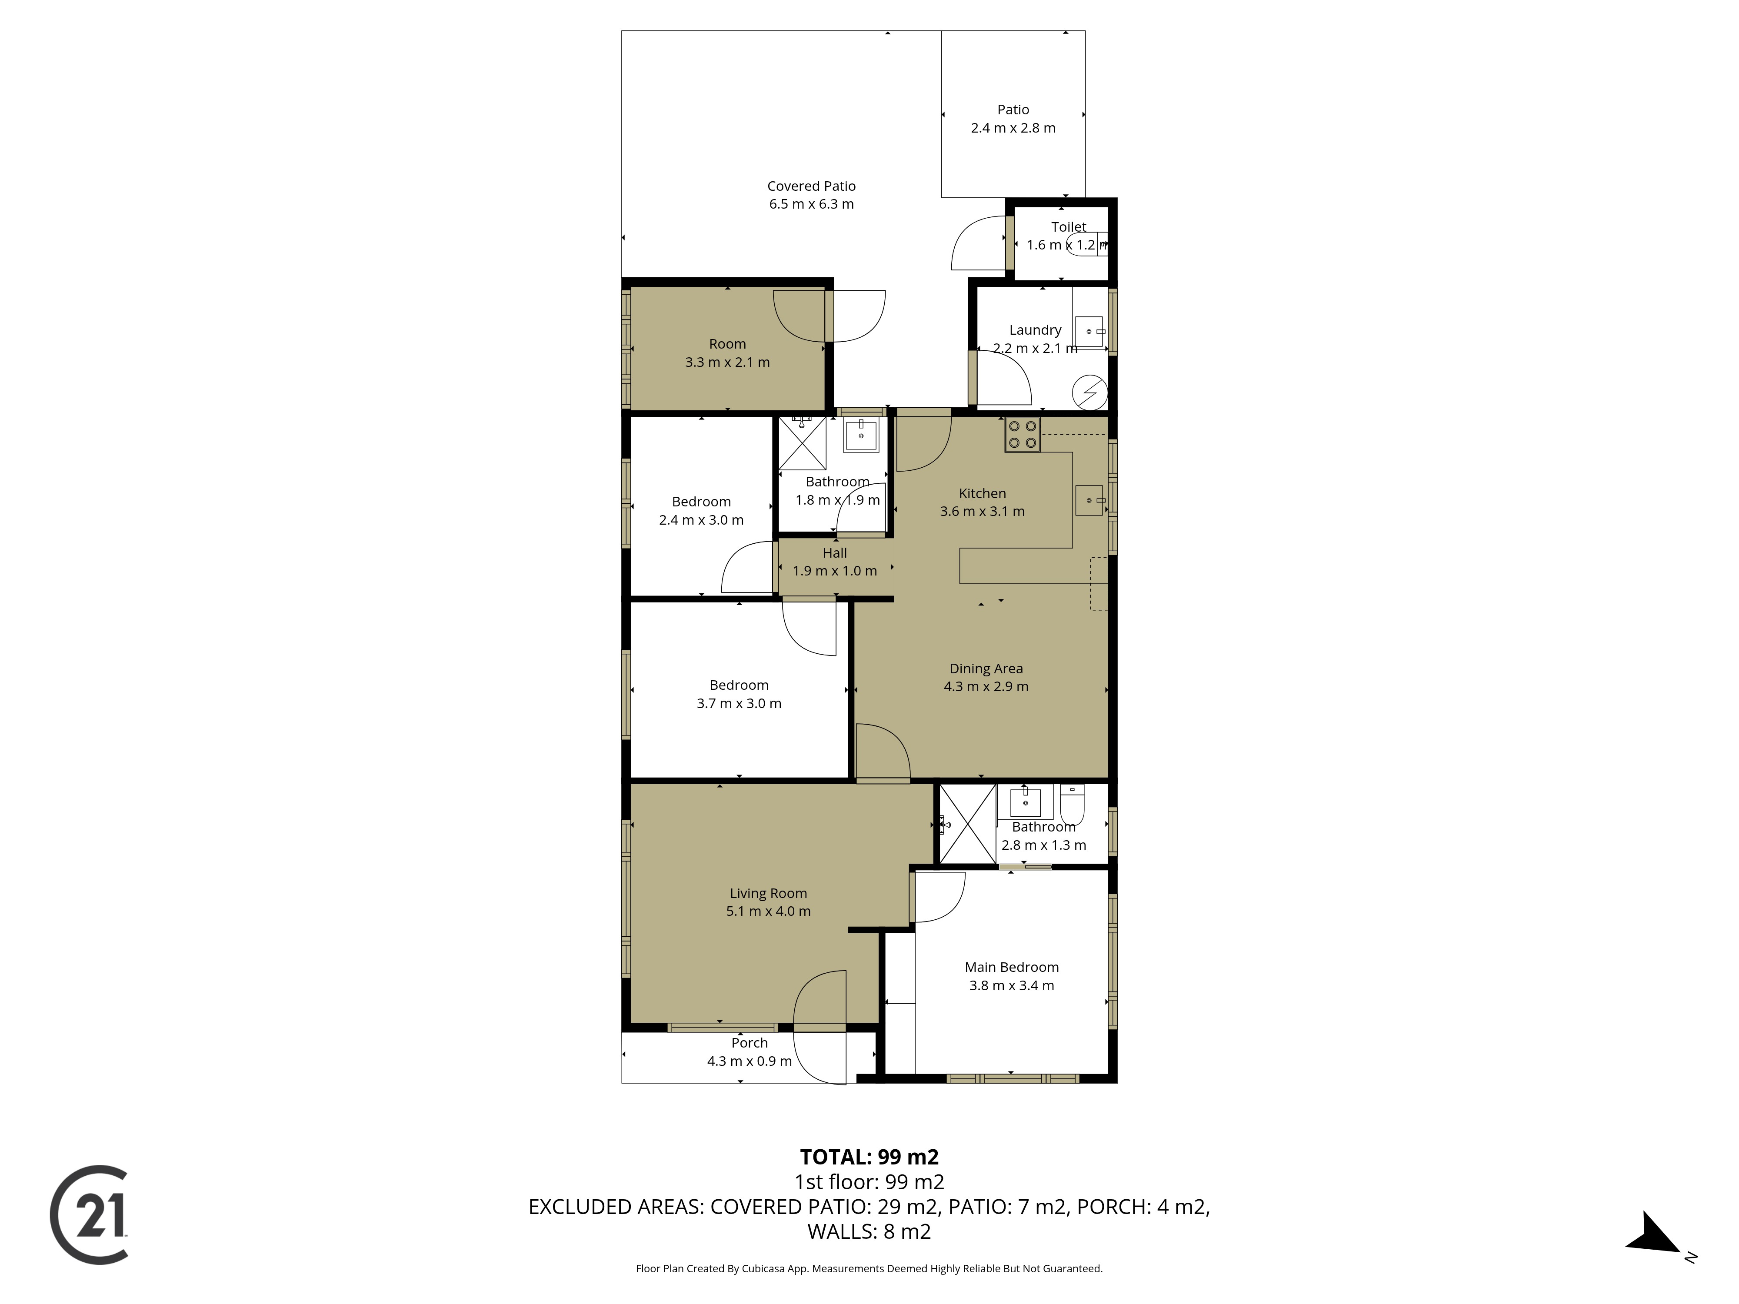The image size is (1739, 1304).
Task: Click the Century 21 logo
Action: click(89, 1214)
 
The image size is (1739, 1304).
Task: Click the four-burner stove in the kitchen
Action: click(1022, 435)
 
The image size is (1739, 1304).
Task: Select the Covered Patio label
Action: click(811, 186)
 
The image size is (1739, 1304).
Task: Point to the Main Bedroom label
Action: click(1012, 968)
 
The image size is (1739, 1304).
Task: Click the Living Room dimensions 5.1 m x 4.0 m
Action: click(768, 912)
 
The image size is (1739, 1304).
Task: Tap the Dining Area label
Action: click(986, 669)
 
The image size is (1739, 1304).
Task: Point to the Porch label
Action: click(749, 1043)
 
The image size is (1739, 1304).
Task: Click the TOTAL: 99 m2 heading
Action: click(869, 1157)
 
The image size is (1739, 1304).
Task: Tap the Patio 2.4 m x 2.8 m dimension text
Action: click(1013, 128)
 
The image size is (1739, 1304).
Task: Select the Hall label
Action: click(835, 553)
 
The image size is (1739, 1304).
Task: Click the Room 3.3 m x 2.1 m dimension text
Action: click(727, 363)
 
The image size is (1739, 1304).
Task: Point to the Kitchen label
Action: click(983, 494)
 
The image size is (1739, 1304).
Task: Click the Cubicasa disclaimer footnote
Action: click(869, 1269)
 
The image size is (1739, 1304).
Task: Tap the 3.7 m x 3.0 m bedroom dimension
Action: click(739, 703)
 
